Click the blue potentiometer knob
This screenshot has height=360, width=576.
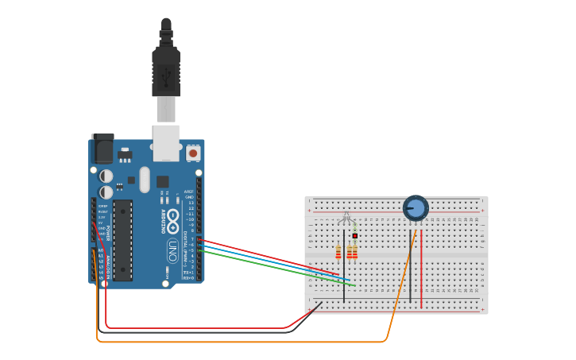[416, 208]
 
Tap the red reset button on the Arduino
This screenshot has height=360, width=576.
[193, 153]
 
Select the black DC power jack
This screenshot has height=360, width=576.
[102, 149]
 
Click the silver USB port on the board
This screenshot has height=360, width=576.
[166, 142]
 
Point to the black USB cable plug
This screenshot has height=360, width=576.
[166, 72]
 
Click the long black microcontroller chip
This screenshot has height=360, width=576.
[122, 240]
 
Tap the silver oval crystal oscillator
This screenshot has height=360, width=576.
[145, 180]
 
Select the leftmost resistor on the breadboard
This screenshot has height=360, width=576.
[338, 252]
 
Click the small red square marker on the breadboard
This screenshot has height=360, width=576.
[355, 236]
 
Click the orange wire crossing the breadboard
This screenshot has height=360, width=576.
[401, 286]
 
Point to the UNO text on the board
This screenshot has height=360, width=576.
[172, 253]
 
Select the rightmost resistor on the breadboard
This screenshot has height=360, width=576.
[354, 252]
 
